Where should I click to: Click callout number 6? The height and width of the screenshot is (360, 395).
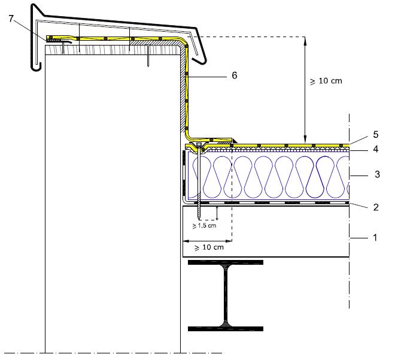coord(235,75)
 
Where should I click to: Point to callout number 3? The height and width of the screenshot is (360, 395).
coord(376,174)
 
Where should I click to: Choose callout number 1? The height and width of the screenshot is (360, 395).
coord(375,237)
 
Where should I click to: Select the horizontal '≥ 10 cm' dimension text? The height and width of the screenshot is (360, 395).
coord(209,247)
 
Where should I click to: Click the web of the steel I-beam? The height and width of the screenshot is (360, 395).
coord(226,295)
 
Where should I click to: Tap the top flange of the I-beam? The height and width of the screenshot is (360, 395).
coord(226,263)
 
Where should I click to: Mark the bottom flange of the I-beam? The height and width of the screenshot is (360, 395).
coord(226,328)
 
